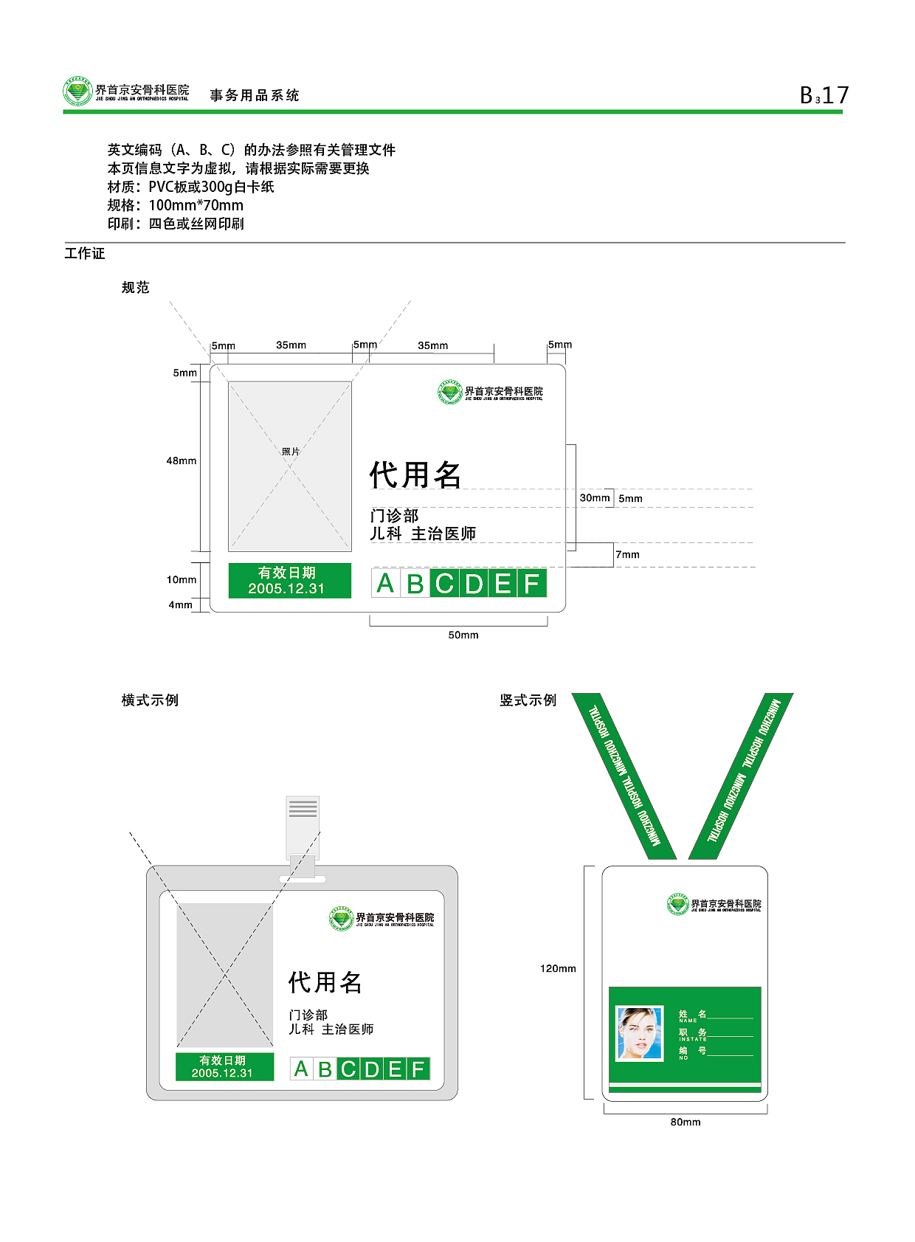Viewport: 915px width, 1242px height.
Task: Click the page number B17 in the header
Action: (824, 95)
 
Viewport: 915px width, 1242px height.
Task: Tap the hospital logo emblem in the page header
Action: (77, 92)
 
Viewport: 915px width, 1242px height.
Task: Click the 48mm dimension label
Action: (182, 461)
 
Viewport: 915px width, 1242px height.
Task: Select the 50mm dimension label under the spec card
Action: (463, 635)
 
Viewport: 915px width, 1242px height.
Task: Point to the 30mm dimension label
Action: (594, 498)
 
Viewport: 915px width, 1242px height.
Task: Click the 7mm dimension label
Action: (628, 555)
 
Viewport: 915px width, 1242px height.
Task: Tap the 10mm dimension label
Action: (182, 580)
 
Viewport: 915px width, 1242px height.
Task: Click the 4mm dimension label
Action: (181, 605)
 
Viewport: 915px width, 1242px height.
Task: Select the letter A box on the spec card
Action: (385, 584)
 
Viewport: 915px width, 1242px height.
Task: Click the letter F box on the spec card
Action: (532, 584)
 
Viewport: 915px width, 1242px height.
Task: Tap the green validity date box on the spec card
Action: (289, 581)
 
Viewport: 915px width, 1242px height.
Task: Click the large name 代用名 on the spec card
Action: (415, 475)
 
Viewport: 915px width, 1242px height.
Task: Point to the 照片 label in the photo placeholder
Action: (291, 452)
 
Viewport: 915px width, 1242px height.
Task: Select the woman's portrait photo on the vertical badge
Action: (640, 1033)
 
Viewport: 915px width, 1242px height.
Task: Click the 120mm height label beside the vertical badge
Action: (558, 969)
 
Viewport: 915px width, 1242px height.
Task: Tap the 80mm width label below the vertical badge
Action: (686, 1122)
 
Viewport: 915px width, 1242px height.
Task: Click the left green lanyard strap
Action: (624, 776)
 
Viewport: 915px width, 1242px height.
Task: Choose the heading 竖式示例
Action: (528, 700)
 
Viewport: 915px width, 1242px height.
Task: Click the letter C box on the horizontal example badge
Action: (348, 1069)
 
